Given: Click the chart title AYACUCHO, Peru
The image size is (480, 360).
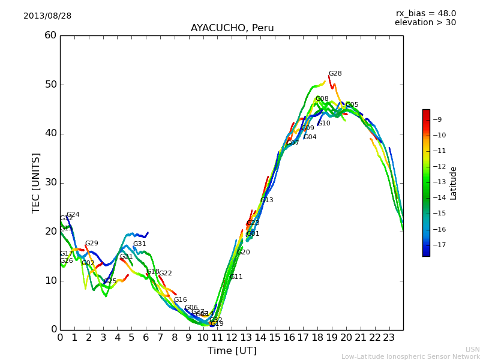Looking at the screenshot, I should (232, 28).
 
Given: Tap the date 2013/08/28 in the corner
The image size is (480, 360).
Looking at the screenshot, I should (47, 16).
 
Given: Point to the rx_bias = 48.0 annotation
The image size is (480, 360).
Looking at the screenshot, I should (425, 14).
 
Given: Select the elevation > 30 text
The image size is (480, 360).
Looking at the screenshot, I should (425, 23).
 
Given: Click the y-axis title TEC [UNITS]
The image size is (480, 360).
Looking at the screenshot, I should (36, 182).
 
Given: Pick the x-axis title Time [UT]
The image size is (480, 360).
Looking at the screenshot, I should (232, 351).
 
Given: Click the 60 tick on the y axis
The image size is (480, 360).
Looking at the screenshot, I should (50, 35).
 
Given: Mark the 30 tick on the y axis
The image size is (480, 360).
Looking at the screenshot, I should (50, 182).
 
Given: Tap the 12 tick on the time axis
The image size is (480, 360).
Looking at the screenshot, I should (232, 338).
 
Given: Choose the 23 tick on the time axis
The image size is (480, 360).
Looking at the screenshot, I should (389, 338).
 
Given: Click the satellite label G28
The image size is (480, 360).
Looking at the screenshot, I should (335, 74).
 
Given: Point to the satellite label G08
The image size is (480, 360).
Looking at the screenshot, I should (322, 99).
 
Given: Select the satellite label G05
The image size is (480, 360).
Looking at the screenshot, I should (352, 105).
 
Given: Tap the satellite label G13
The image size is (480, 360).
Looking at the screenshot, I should (266, 200).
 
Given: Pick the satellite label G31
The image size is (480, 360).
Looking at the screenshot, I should (139, 244).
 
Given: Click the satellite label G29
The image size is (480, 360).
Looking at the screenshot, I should (91, 244).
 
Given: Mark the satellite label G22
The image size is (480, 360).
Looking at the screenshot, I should (165, 274).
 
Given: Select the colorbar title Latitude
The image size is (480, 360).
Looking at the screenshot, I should (454, 183).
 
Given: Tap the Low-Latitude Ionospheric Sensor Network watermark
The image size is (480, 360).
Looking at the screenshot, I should (410, 356).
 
